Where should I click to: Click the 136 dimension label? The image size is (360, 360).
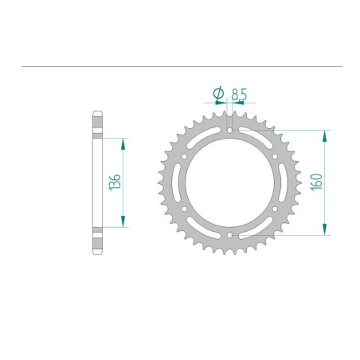pos(115,182)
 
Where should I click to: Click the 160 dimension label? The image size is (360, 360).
pos(316,182)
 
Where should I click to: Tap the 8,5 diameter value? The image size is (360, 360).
pos(239,94)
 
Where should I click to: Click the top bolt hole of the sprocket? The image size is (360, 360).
pos(229,130)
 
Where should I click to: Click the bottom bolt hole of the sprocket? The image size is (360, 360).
pos(229,235)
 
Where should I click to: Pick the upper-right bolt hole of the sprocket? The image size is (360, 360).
pos(275,157)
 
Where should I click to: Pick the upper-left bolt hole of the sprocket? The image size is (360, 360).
pos(184,157)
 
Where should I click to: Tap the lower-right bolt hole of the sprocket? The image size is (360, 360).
pos(275,209)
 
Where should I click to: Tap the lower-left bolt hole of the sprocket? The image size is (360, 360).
pos(184,209)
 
